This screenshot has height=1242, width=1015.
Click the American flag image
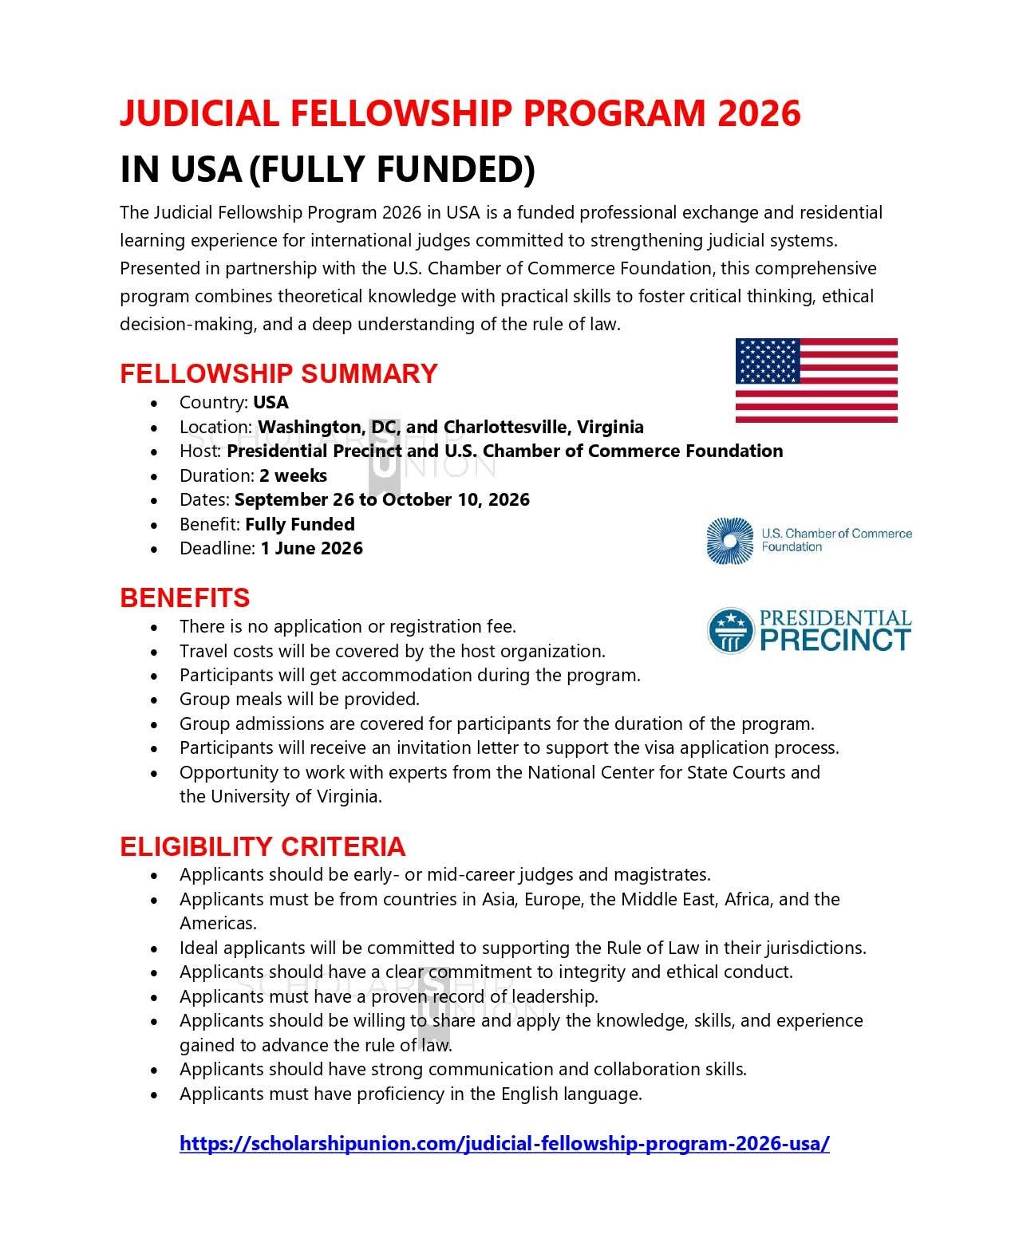[816, 380]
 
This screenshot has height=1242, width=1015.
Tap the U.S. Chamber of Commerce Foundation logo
[808, 541]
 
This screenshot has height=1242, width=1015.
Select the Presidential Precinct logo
[808, 631]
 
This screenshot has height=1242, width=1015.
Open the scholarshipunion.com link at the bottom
[504, 1143]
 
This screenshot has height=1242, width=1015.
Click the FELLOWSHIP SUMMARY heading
[278, 373]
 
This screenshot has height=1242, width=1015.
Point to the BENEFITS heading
[184, 597]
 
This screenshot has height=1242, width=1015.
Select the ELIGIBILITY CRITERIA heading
[263, 846]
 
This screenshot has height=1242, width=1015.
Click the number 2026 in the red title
[758, 113]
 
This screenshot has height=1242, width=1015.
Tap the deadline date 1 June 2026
[311, 549]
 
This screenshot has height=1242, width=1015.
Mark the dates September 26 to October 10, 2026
[381, 500]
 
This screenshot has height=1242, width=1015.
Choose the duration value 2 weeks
[293, 475]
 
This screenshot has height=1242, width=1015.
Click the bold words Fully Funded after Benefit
[299, 524]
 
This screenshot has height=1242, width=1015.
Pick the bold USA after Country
[271, 402]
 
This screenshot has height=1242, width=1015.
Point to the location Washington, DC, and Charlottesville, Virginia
[450, 427]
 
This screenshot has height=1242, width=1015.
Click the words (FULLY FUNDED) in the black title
[392, 169]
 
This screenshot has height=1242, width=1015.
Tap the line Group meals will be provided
[299, 700]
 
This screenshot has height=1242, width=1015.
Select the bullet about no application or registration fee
[347, 626]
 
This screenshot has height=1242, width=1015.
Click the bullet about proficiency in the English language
[410, 1094]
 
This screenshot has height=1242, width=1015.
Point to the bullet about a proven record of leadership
[389, 996]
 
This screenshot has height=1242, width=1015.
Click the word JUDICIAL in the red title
[199, 113]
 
